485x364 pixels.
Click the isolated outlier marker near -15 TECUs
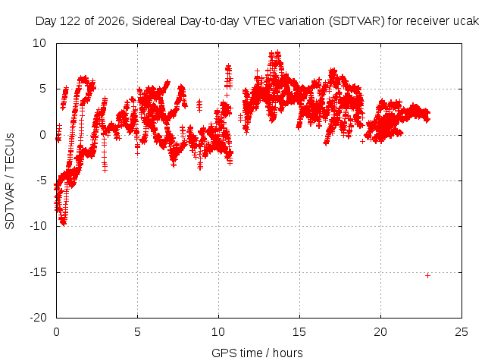tap(427, 275)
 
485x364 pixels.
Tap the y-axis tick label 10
tap(39, 43)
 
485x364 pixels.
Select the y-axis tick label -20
tap(38, 318)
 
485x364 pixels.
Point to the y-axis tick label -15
tap(38, 272)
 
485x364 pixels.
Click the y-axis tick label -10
tap(38, 226)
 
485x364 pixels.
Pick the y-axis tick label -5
tap(42, 180)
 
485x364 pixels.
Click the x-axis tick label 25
tap(462, 332)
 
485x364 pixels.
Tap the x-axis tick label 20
tap(380, 332)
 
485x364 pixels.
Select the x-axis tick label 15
tap(299, 332)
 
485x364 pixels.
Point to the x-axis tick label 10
tap(218, 332)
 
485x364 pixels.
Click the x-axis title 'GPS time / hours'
tap(257, 353)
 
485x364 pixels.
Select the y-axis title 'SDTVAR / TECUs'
tap(10, 181)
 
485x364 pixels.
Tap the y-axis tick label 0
tap(43, 135)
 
